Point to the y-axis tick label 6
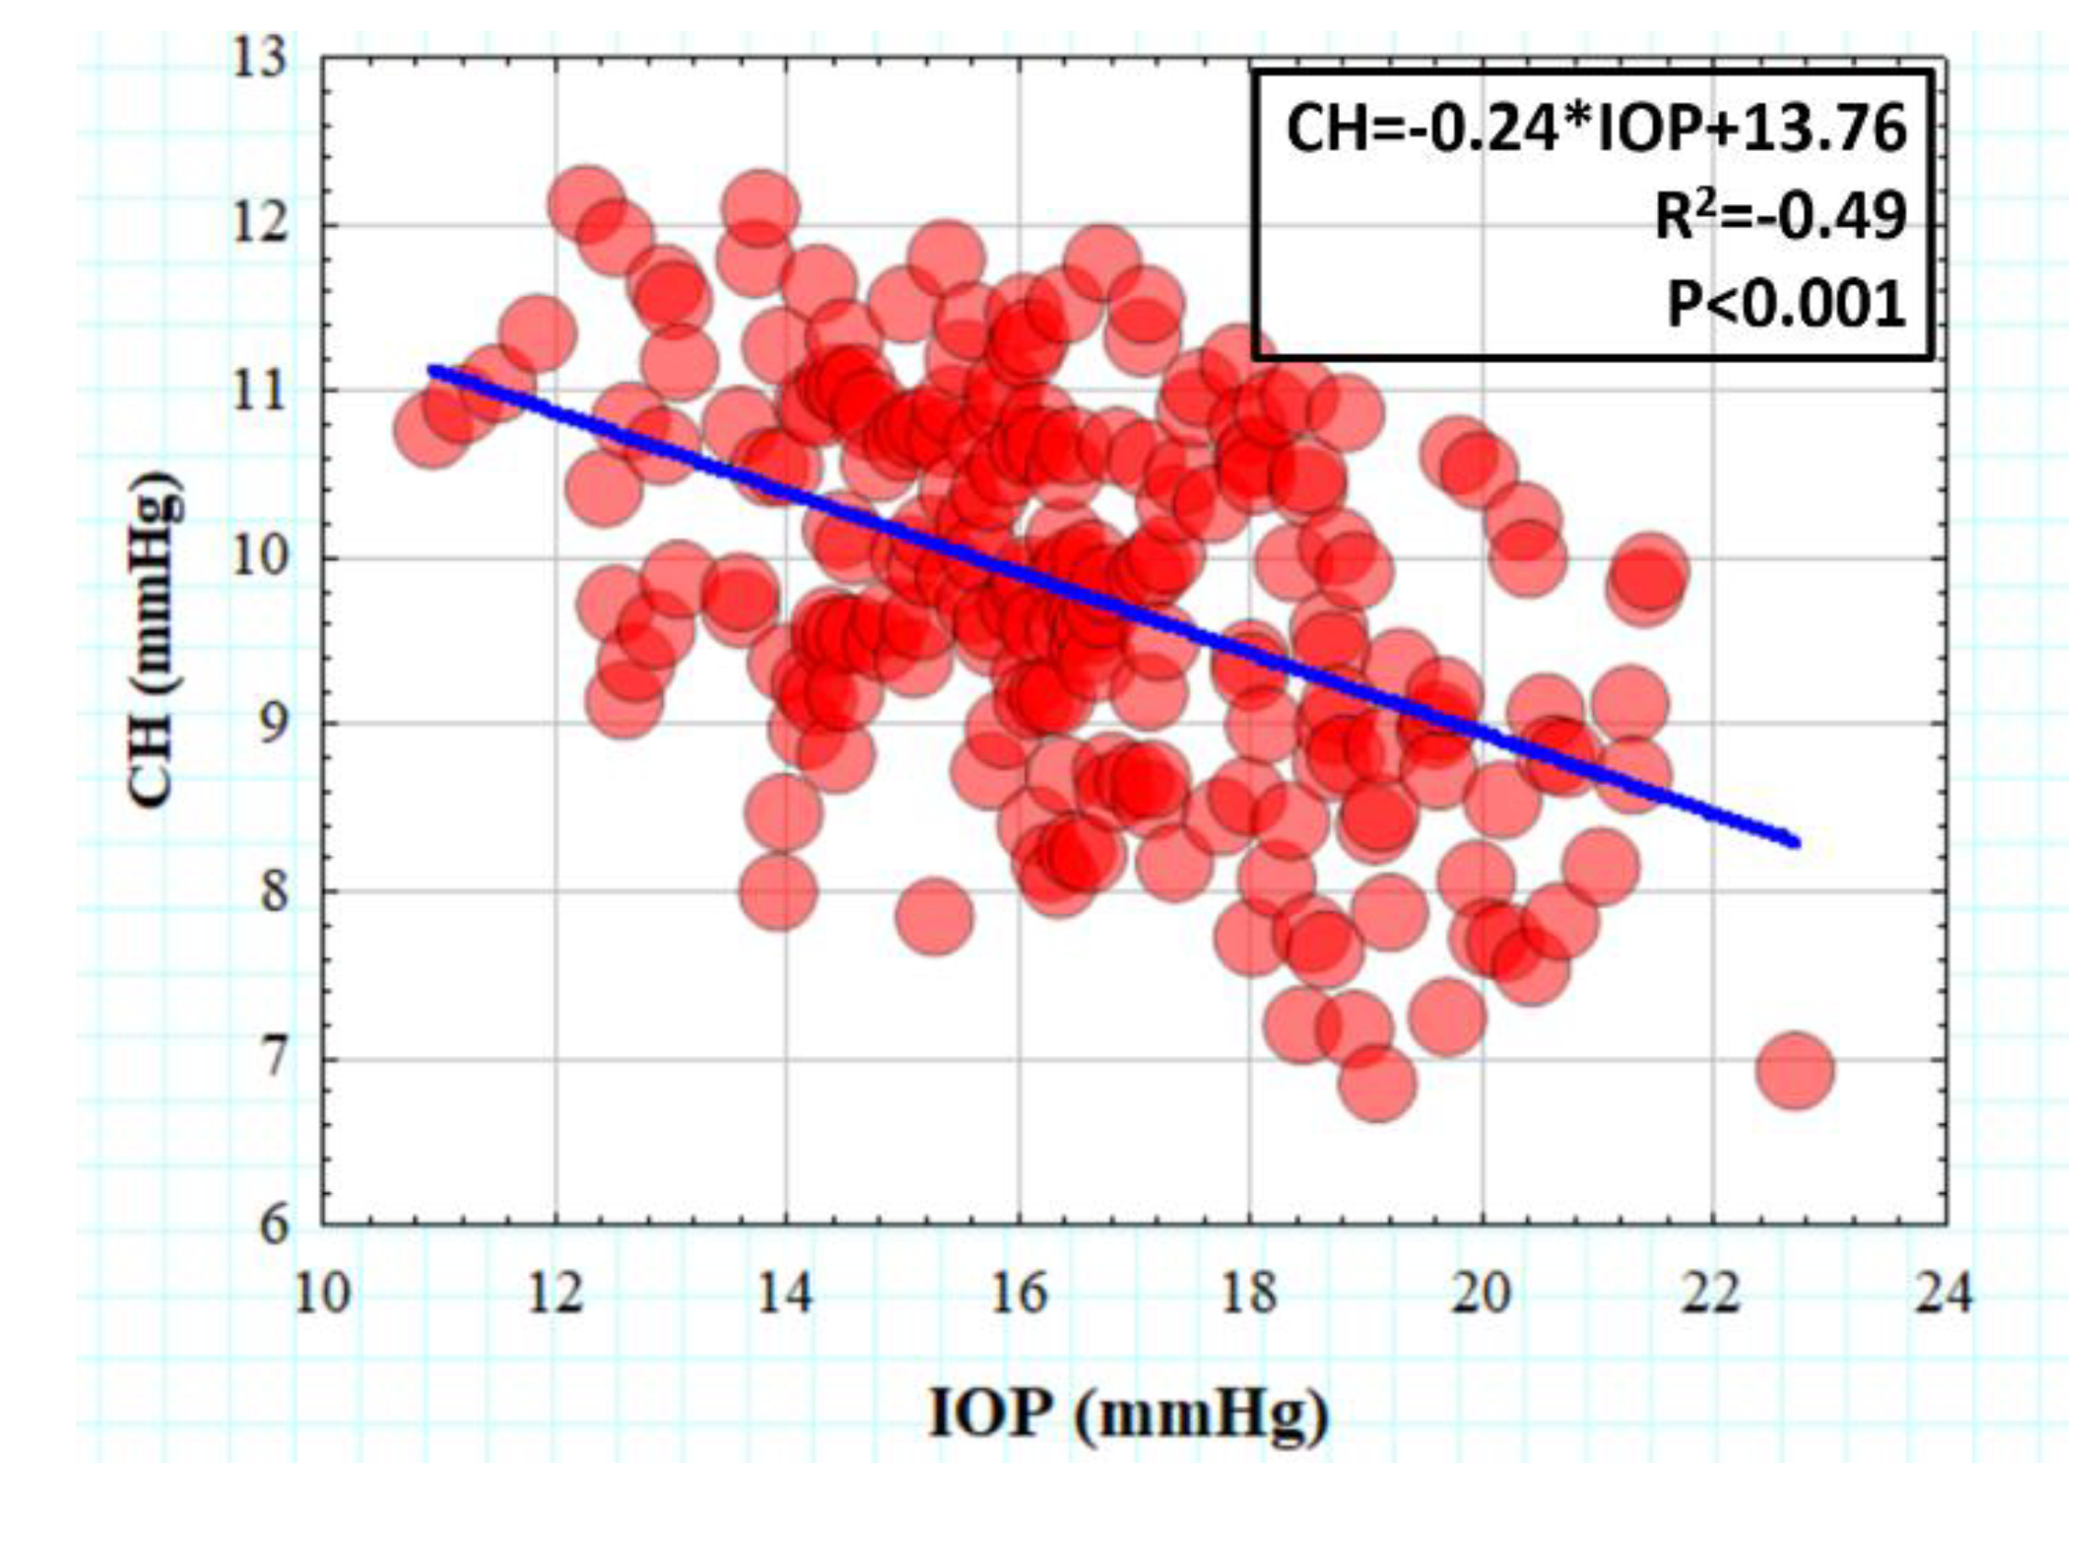(274, 1225)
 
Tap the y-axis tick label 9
(274, 724)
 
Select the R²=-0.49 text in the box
(1779, 217)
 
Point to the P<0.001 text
(1786, 304)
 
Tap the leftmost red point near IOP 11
(432, 430)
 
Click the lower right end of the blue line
(1793, 843)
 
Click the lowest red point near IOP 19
(1377, 1084)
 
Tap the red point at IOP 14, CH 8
(778, 892)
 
